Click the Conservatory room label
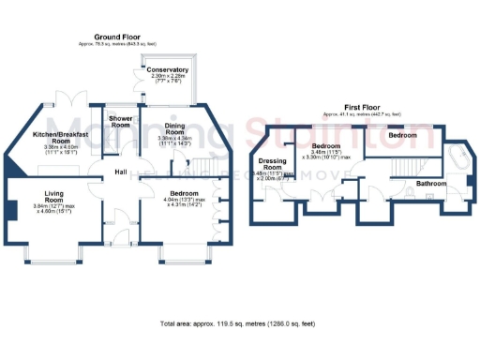click(x=168, y=69)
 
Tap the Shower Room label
click(x=119, y=123)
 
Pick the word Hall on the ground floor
click(x=121, y=172)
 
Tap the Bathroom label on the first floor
click(x=431, y=183)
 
